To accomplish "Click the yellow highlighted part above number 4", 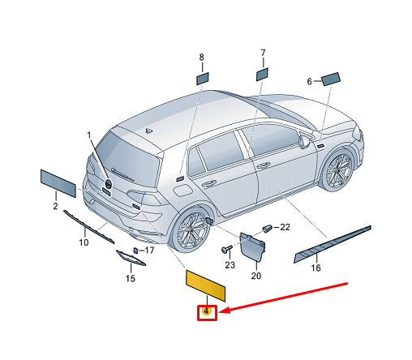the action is pos(205,285).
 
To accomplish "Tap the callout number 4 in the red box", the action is pos(207,311).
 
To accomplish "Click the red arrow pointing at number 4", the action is pos(283,298).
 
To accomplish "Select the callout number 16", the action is pos(315,268).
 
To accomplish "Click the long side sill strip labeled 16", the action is pos(333,244).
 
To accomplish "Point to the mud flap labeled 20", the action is pos(252,246).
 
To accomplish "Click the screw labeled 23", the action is pos(226,249).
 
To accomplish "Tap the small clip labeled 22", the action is pos(267,228).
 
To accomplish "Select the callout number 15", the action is pos(130,278).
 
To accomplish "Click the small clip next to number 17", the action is pos(135,251).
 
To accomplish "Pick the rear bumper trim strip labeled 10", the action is pos(88,227).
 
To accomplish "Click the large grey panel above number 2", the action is pos(58,183).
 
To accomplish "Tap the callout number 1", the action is pos(89,135).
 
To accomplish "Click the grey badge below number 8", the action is pos(203,79).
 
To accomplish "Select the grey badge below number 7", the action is pos(262,75).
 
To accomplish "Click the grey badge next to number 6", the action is pos(331,79).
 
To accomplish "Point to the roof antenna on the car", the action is pos(148,131).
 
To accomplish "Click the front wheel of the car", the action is pos(337,169).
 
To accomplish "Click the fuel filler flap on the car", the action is pos(182,190).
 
